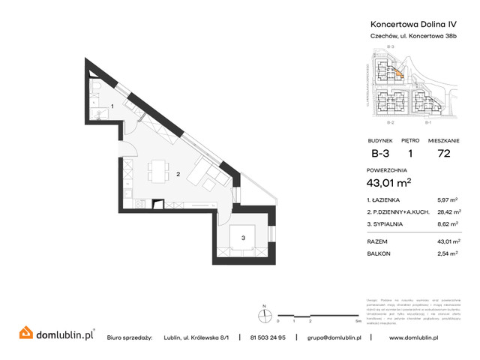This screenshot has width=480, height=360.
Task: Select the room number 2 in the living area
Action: pos(177,175)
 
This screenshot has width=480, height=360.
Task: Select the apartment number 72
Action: pos(442,156)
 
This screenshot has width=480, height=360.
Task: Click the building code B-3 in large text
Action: pos(380,156)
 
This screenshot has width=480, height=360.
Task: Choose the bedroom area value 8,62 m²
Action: pos(447,223)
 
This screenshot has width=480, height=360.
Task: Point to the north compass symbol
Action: pos(263,314)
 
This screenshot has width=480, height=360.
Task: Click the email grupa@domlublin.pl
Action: pos(334,337)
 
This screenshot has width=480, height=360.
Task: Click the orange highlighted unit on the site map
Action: pos(399,73)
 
